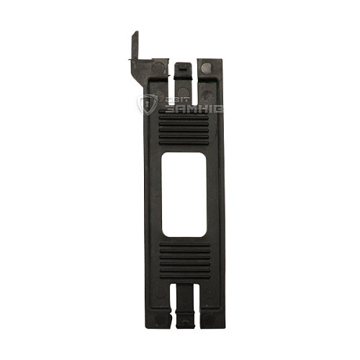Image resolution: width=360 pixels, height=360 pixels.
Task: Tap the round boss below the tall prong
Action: coord(158,68)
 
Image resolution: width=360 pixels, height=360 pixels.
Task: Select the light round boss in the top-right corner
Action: coord(207,68)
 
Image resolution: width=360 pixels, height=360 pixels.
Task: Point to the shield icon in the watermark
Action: coord(147,105)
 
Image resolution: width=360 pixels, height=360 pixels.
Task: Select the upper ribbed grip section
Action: coord(183,130)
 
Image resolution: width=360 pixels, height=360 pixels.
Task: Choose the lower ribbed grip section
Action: coord(184,258)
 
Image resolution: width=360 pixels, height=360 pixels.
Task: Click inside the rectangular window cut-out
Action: coord(184,194)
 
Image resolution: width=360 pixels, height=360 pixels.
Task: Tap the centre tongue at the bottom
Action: coord(184,306)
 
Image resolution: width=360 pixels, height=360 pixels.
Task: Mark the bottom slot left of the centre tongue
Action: coord(172,302)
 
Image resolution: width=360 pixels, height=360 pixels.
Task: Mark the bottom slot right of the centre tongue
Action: coord(197,302)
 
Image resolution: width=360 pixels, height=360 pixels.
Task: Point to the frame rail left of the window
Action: coord(153,194)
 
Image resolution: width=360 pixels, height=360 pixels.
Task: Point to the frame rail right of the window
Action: coord(215,194)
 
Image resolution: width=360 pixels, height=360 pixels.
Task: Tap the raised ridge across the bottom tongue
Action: coord(184,315)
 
